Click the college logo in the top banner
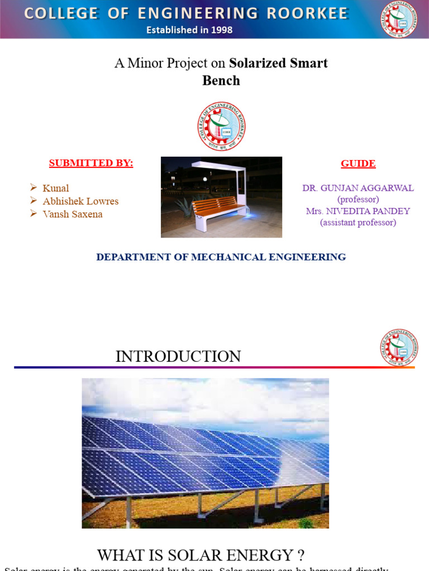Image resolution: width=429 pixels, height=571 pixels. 399,20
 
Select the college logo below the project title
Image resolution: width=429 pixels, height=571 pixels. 221,126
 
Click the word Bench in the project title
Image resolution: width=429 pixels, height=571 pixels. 221,80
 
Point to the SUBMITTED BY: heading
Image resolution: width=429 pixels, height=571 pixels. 91,163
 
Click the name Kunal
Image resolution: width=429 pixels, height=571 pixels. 56,188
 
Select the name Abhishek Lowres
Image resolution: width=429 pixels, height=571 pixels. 80,201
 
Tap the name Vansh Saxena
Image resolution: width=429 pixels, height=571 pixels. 73,214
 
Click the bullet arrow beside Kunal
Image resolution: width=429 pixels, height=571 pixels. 34,187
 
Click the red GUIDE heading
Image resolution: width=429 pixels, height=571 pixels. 358,163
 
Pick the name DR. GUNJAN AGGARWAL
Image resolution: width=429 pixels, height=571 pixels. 358,188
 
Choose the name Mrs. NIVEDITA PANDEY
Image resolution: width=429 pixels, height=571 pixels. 358,211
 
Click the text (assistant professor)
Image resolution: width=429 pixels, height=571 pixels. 358,222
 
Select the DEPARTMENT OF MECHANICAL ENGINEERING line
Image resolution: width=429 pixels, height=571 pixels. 221,257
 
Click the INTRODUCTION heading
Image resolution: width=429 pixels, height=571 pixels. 178,356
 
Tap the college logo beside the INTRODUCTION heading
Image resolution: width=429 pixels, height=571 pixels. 399,347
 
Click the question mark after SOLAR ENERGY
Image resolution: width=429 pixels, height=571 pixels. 301,555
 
